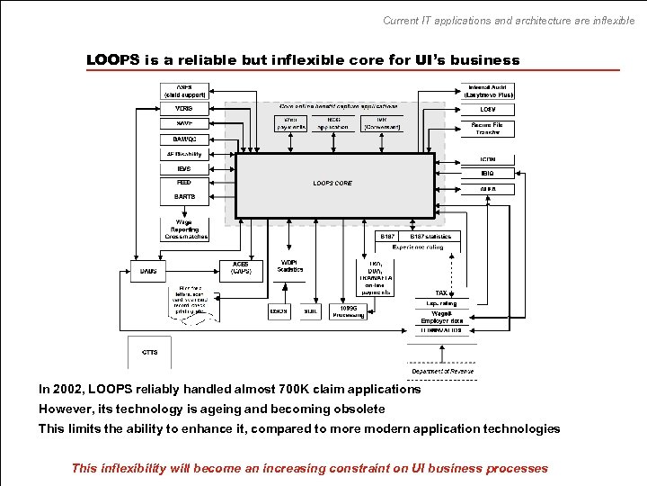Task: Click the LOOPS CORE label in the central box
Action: point(332,183)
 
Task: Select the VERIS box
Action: point(184,107)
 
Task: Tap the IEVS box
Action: point(184,168)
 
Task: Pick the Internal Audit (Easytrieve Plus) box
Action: point(490,91)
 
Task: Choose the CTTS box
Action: point(150,352)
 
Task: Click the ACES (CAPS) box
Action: point(241,267)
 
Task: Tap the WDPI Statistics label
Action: point(290,266)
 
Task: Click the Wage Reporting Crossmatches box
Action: point(184,229)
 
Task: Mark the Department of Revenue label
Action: point(442,371)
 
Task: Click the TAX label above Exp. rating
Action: point(441,293)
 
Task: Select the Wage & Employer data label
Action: point(441,317)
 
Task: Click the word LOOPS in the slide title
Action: point(112,60)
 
